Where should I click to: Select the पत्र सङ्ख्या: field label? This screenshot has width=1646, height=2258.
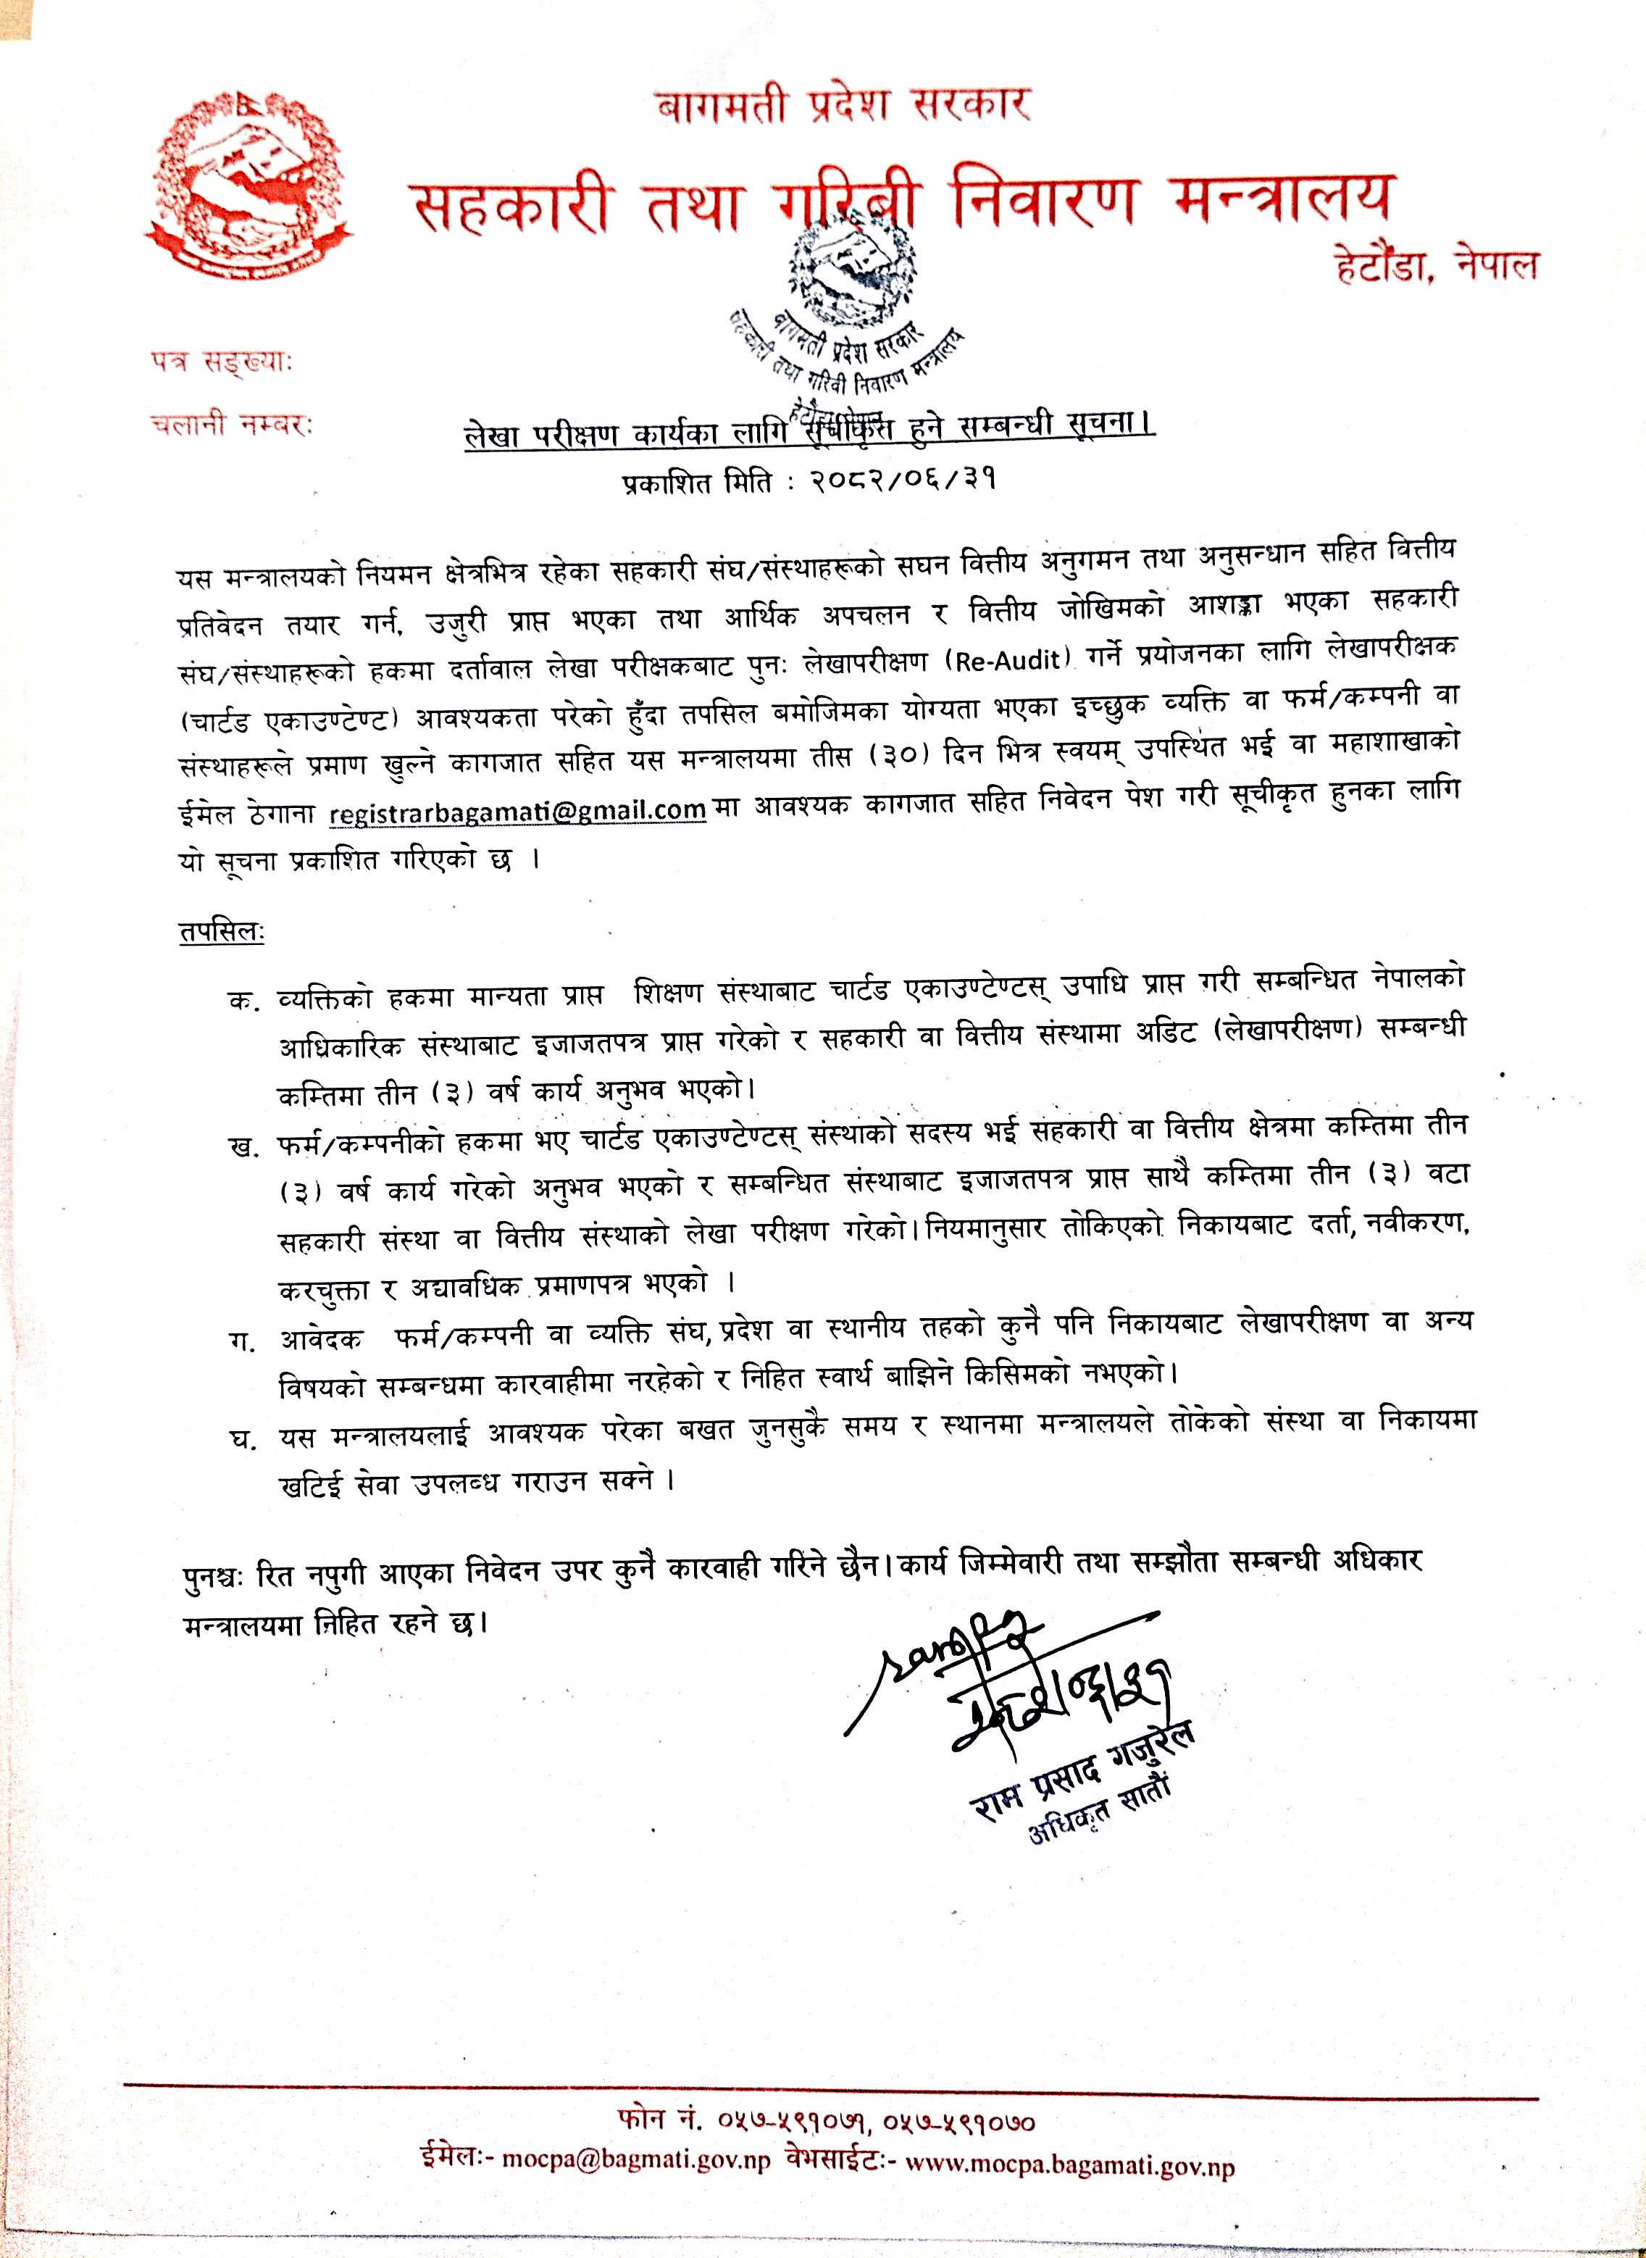[221, 362]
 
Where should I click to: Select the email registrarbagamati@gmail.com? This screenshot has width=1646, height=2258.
[517, 812]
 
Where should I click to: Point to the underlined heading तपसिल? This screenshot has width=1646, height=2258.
[221, 932]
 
